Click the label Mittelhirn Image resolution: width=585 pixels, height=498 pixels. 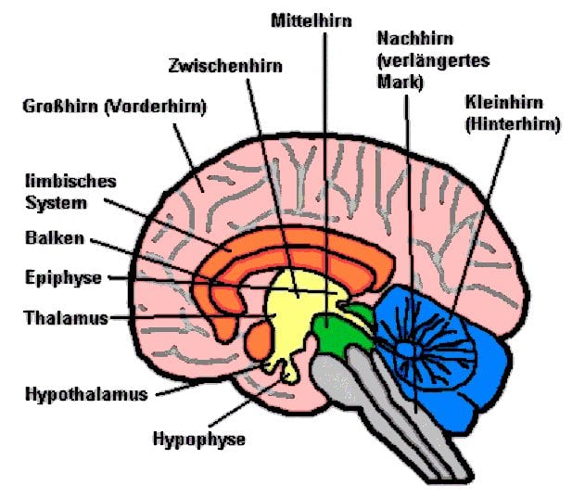pos(312,19)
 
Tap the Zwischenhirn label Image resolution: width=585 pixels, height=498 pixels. pos(225,66)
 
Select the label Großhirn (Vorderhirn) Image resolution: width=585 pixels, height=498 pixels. pos(114,106)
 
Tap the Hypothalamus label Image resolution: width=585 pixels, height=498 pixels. pos(86,393)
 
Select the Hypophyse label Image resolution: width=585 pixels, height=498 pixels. pos(198,438)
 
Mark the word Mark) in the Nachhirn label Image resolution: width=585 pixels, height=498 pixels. pos(401,83)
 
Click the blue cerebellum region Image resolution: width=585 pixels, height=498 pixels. pos(464,389)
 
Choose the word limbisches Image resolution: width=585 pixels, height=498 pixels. pos(70,181)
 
